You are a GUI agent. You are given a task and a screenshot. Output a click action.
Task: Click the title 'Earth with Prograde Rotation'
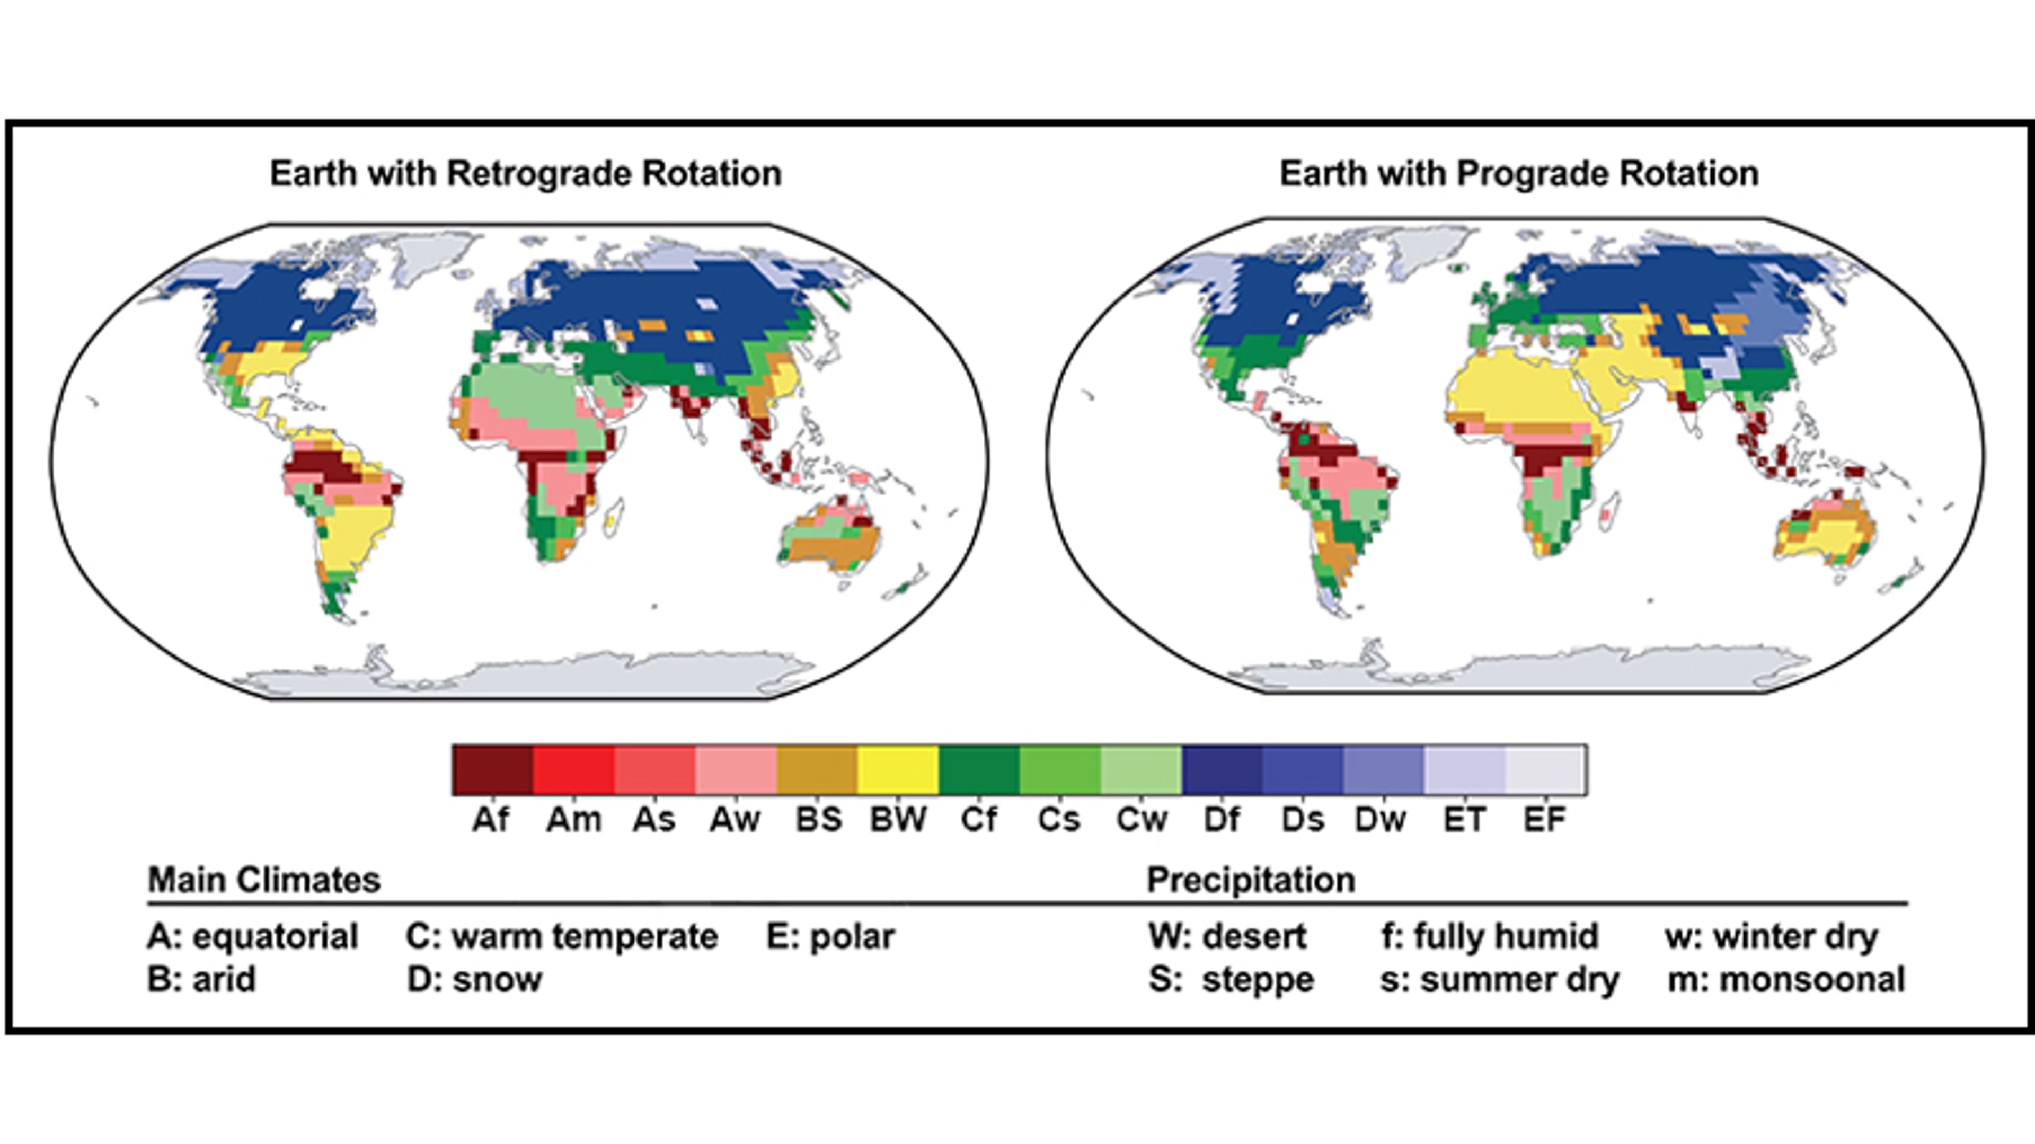tap(1518, 174)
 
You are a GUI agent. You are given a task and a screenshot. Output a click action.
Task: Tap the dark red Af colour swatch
tap(493, 769)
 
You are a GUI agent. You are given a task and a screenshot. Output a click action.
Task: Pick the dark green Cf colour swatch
tap(979, 769)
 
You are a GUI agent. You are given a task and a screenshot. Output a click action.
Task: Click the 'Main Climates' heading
tap(264, 880)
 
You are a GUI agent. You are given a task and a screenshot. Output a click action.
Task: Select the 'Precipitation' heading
tap(1251, 880)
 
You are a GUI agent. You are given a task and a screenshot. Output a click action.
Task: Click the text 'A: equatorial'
tap(253, 937)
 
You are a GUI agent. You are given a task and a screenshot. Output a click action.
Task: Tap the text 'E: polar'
tap(830, 937)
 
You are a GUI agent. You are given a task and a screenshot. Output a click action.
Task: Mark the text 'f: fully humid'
tap(1489, 937)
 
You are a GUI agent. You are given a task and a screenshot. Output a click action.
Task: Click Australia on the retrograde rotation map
tap(829, 537)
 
